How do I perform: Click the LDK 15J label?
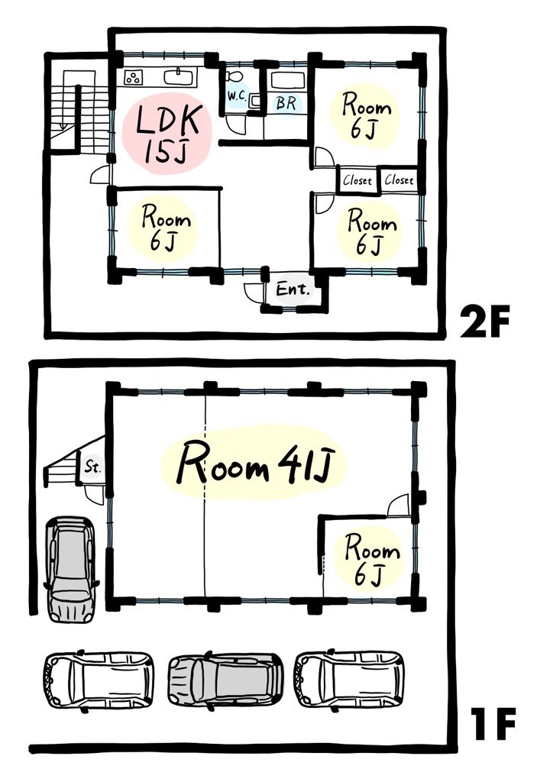pyautogui.click(x=168, y=133)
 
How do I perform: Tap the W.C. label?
pyautogui.click(x=237, y=95)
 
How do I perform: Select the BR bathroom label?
pyautogui.click(x=286, y=103)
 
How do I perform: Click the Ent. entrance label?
pyautogui.click(x=293, y=289)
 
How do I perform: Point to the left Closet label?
pyautogui.click(x=357, y=180)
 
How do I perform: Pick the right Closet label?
pyautogui.click(x=399, y=179)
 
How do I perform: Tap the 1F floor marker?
pyautogui.click(x=492, y=725)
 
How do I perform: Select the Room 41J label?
pyautogui.click(x=255, y=463)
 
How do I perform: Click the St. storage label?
pyautogui.click(x=92, y=467)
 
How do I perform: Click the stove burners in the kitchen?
pyautogui.click(x=134, y=77)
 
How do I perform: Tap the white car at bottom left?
pyautogui.click(x=99, y=679)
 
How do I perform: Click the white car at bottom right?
pyautogui.click(x=350, y=678)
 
